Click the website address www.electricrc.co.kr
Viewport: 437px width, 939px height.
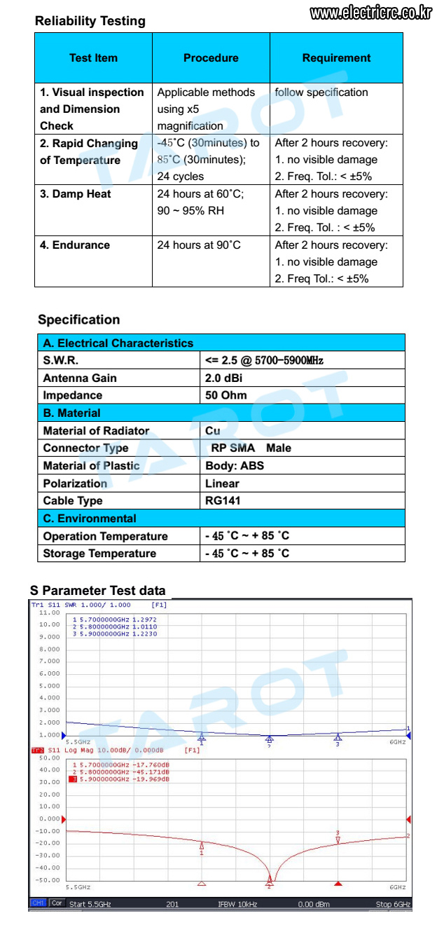tap(370, 13)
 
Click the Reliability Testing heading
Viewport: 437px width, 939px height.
tap(90, 21)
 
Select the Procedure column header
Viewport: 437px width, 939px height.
tap(211, 58)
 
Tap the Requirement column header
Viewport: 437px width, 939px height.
tap(336, 58)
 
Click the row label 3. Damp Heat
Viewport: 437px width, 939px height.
tap(75, 194)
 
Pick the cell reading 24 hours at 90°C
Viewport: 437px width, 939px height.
tap(199, 245)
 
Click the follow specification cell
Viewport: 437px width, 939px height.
tap(321, 92)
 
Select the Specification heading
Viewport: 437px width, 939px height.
tap(78, 320)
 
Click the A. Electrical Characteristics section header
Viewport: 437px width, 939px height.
tap(118, 343)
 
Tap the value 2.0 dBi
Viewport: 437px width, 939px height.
tap(223, 378)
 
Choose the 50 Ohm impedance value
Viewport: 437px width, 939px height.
tap(226, 395)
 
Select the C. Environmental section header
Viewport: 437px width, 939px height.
tap(90, 519)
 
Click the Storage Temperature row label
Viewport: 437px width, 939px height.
tap(99, 554)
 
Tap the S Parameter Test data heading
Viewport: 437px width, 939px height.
tap(98, 590)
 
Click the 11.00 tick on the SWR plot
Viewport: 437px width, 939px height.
tap(49, 612)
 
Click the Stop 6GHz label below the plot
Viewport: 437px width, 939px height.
tap(393, 904)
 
